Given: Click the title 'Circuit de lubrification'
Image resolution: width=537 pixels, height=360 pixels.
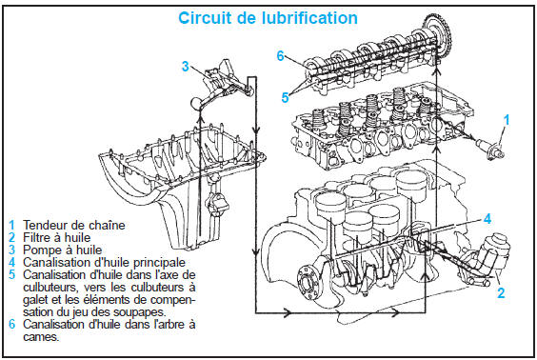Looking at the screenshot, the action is (268, 18).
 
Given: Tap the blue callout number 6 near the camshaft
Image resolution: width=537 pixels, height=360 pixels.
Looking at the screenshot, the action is (281, 56).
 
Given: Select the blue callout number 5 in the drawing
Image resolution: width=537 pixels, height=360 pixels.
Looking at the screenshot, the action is (285, 98).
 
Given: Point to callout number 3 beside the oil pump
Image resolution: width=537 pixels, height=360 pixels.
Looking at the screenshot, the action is (186, 66).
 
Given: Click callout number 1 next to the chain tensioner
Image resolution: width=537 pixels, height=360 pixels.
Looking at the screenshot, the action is (507, 120).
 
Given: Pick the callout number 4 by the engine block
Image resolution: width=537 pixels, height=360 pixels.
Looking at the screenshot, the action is (487, 219).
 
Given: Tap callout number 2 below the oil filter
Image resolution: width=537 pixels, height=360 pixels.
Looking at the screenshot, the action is (501, 293).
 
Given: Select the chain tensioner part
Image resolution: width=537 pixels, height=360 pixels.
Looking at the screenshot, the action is (491, 148).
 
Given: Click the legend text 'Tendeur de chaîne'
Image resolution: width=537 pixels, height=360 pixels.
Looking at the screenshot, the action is (74, 225).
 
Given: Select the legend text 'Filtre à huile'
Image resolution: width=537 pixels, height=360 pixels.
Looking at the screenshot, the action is (57, 237).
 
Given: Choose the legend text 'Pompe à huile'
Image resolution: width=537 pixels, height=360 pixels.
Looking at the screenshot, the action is (63, 250).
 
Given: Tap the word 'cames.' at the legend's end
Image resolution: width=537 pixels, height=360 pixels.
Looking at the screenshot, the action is (41, 337).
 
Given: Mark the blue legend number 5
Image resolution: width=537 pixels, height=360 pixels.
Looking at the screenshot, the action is (12, 274).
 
